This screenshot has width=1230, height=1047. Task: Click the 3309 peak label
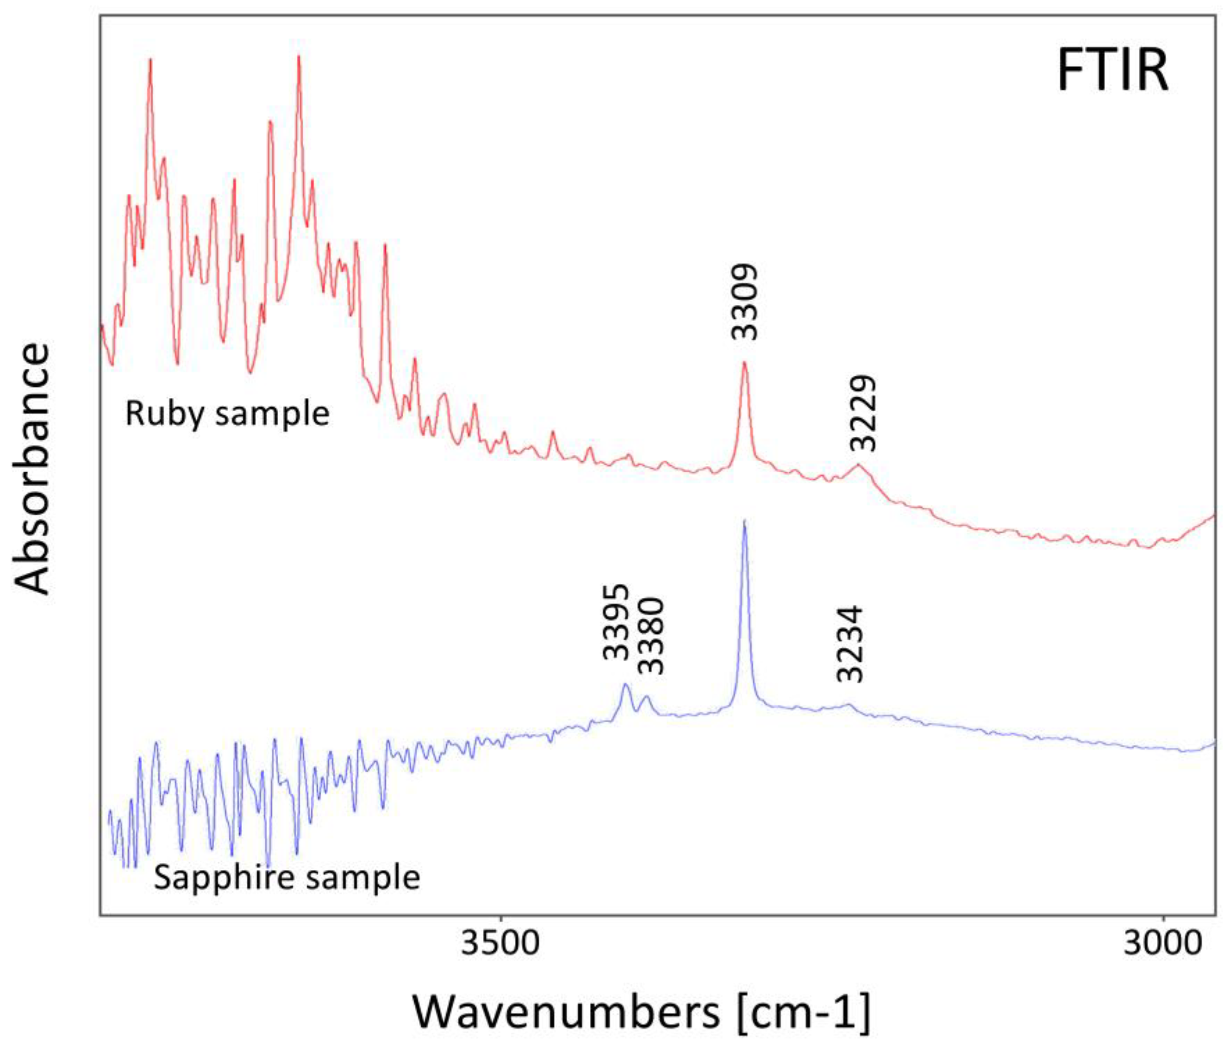tap(744, 302)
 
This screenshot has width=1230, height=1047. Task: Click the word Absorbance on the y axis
tap(33, 469)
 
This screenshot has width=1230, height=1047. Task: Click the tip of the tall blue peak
tap(744, 521)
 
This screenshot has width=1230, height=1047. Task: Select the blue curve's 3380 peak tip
tap(648, 696)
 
